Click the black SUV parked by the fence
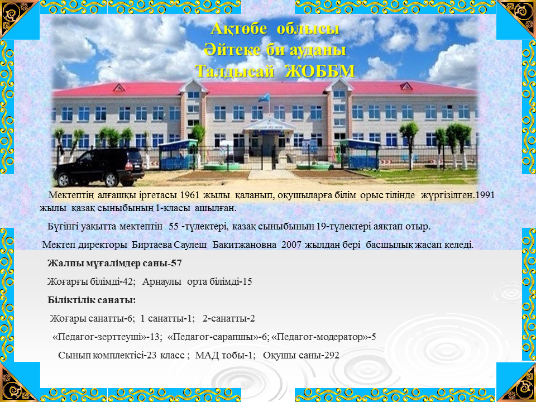(99, 167)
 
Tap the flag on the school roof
(264, 98)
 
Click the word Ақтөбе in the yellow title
(238, 28)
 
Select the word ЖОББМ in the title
(320, 71)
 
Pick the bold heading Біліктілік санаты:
(92, 300)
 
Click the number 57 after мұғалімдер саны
(176, 264)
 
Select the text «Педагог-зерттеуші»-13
(107, 337)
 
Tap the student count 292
(332, 356)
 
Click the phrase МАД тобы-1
(225, 356)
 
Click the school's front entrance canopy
(269, 125)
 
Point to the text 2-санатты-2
(229, 319)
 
